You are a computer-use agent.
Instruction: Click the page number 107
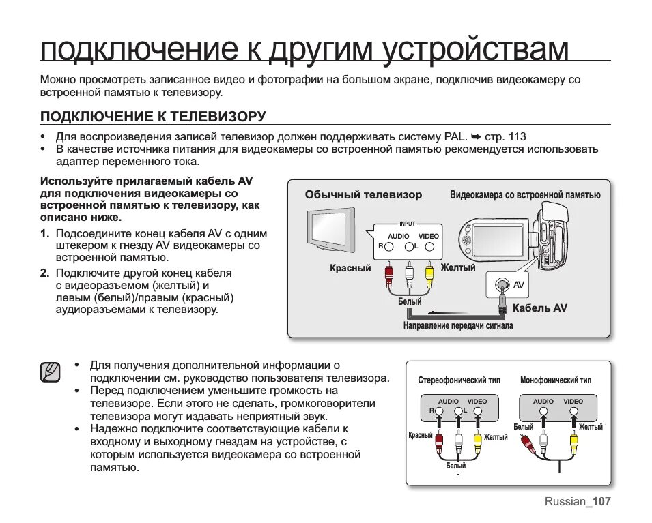pos(601,502)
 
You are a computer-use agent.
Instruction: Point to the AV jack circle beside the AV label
pos(502,285)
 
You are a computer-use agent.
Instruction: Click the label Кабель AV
pos(539,308)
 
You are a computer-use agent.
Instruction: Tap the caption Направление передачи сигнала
pos(458,326)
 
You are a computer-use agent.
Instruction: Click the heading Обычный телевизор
pos(363,195)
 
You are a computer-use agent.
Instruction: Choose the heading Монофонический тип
pos(556,380)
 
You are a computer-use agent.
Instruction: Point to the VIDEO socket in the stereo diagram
pos(477,411)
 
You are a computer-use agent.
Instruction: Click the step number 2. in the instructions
pos(44,273)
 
